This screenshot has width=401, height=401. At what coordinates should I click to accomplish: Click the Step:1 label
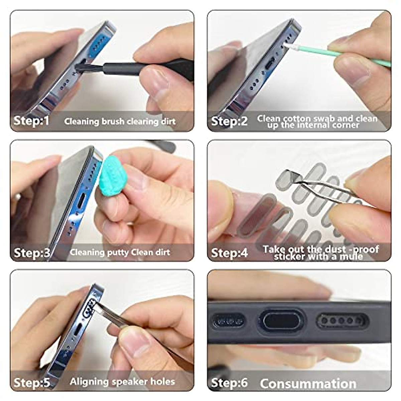[31, 121]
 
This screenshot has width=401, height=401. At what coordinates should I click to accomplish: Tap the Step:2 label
[229, 121]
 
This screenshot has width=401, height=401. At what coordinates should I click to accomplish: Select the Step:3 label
[31, 253]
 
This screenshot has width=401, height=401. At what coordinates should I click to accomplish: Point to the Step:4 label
[229, 253]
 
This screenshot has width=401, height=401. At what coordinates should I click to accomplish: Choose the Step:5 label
[31, 382]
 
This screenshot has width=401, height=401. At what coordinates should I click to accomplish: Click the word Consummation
[308, 384]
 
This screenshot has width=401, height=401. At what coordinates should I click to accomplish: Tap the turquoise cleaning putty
[112, 177]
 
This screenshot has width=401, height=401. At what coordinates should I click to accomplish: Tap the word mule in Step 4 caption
[351, 257]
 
